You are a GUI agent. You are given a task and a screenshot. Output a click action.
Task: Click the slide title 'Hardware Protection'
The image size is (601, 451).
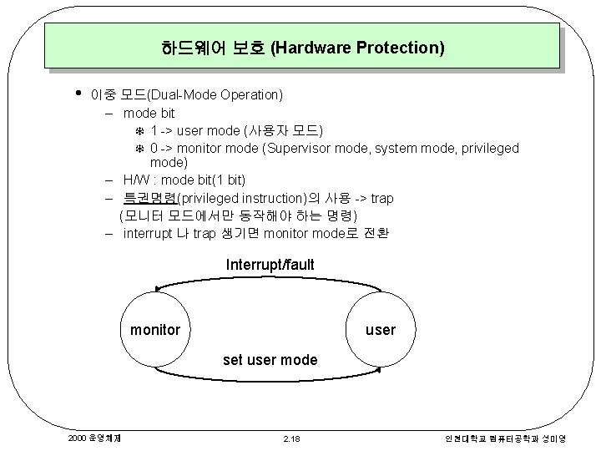[303, 48]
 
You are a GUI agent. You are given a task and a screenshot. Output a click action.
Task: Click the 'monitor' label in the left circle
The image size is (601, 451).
[154, 330]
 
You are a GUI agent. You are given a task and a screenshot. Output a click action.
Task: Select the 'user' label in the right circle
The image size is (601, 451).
[381, 330]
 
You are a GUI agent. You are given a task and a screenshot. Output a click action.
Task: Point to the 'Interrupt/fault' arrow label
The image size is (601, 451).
[270, 265]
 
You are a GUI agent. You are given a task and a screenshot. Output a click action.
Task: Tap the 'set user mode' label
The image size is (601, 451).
[270, 360]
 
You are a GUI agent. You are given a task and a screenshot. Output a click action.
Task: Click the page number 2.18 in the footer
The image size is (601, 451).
[291, 438]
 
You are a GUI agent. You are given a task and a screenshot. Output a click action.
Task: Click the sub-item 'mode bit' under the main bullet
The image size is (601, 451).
[149, 113]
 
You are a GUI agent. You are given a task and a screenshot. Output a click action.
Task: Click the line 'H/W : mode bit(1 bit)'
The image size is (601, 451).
[184, 180]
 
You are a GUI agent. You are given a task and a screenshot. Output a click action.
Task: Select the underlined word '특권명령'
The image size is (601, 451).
[150, 198]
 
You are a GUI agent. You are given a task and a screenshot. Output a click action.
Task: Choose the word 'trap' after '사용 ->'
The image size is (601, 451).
[381, 198]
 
